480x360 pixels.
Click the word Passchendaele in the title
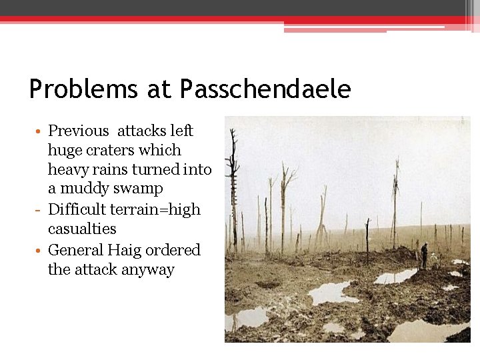(x=265, y=89)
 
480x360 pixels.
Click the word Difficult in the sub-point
(x=77, y=209)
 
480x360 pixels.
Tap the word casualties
(x=82, y=229)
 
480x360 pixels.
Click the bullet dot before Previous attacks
(x=40, y=131)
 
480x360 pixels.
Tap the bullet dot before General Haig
(x=40, y=251)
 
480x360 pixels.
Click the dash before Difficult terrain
(x=41, y=209)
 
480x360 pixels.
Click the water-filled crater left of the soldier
(x=395, y=276)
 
